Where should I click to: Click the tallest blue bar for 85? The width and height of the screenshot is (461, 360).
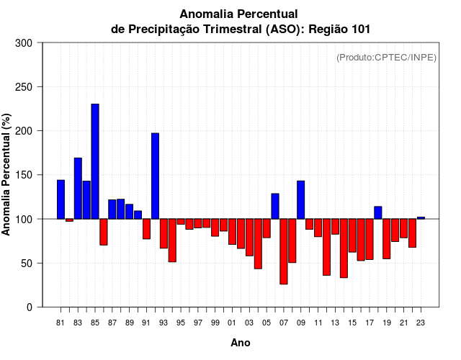pyautogui.click(x=95, y=161)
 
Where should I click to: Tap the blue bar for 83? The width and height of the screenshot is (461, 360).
pyautogui.click(x=78, y=188)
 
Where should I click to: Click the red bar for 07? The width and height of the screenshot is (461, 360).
pyautogui.click(x=284, y=251)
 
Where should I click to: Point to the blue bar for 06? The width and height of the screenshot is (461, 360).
pyautogui.click(x=275, y=206)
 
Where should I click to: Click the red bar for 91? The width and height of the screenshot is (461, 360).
pyautogui.click(x=146, y=229)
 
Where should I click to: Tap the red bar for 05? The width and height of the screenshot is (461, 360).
pyautogui.click(x=267, y=228)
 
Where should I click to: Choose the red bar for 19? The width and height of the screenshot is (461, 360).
pyautogui.click(x=387, y=238)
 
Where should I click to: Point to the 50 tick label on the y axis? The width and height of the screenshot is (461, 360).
pyautogui.click(x=27, y=264)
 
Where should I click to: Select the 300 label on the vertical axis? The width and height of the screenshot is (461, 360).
pyautogui.click(x=24, y=43)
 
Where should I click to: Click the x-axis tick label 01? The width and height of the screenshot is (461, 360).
pyautogui.click(x=232, y=323)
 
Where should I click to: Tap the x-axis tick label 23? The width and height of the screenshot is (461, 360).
pyautogui.click(x=421, y=323)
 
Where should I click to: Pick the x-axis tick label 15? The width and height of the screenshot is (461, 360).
pyautogui.click(x=352, y=323)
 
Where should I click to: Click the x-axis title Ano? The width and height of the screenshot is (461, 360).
pyautogui.click(x=241, y=343)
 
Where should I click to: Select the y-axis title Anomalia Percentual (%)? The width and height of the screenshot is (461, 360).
pyautogui.click(x=7, y=174)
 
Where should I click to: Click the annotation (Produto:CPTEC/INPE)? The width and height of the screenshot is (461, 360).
pyautogui.click(x=386, y=57)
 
